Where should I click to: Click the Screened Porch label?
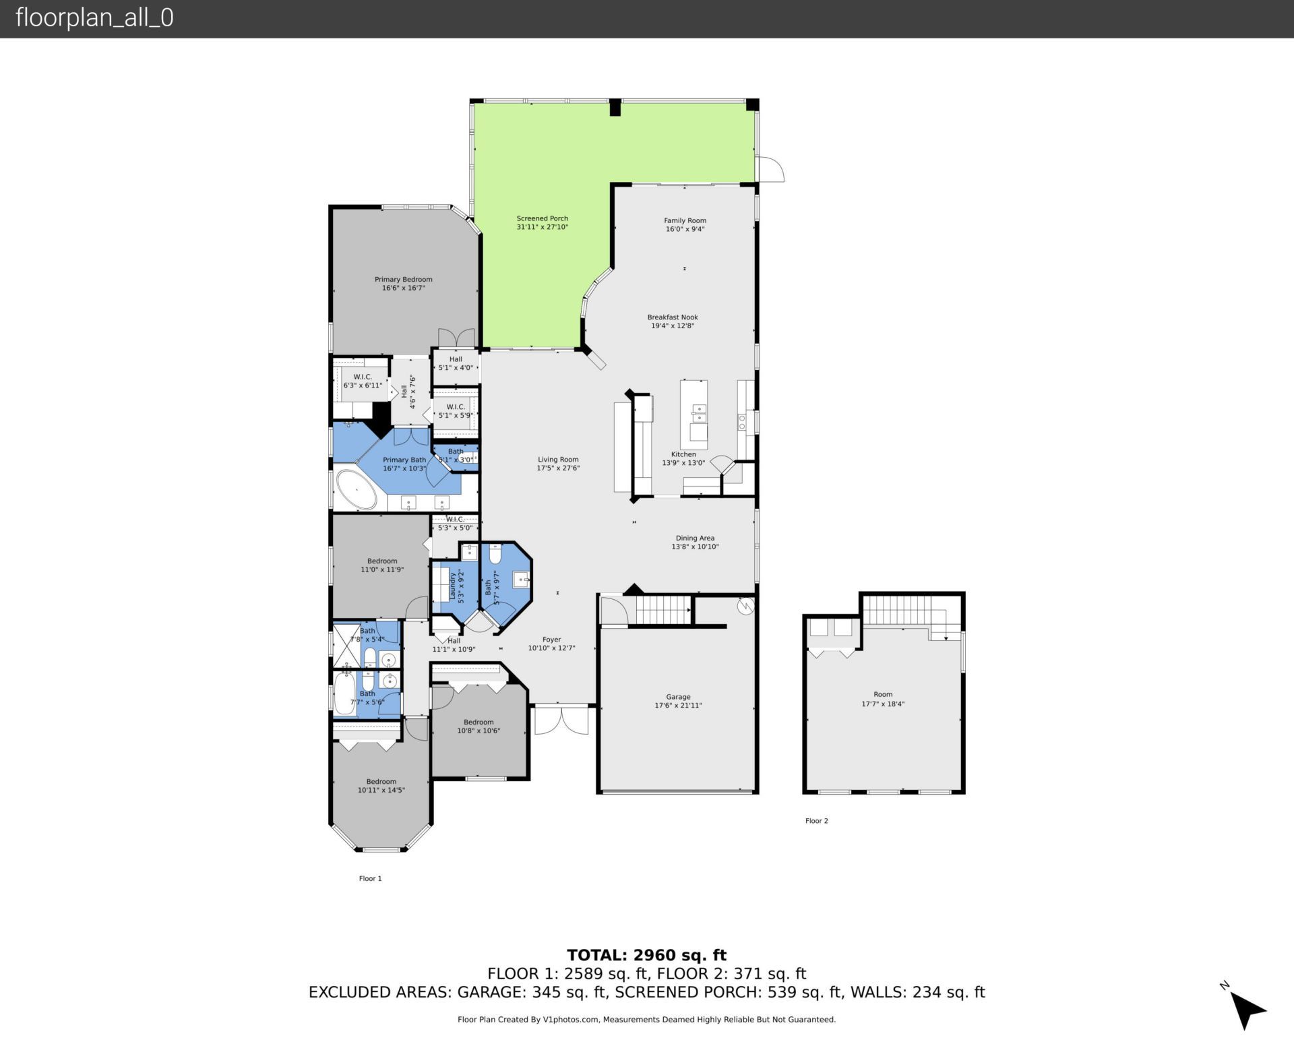[x=542, y=218]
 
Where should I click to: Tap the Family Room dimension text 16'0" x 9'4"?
[x=685, y=229]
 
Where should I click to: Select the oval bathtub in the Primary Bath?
[x=357, y=489]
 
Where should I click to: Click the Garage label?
[x=678, y=697]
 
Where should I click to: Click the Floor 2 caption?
[x=816, y=821]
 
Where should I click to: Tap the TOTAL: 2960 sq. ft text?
[x=646, y=955]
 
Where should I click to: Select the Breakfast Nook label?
[x=673, y=317]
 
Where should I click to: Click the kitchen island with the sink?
[x=694, y=414]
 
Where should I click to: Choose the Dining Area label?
[x=695, y=538]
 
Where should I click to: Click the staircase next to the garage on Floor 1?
[x=663, y=610]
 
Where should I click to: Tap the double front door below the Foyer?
[x=561, y=719]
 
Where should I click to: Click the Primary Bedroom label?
[x=403, y=280]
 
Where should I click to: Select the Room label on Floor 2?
[x=883, y=694]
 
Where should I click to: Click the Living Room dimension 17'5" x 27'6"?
[x=558, y=468]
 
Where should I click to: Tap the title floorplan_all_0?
[x=94, y=18]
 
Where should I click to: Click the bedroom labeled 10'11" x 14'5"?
[x=381, y=786]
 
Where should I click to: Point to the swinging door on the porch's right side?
[x=770, y=168]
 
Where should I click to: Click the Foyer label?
[x=551, y=640]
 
